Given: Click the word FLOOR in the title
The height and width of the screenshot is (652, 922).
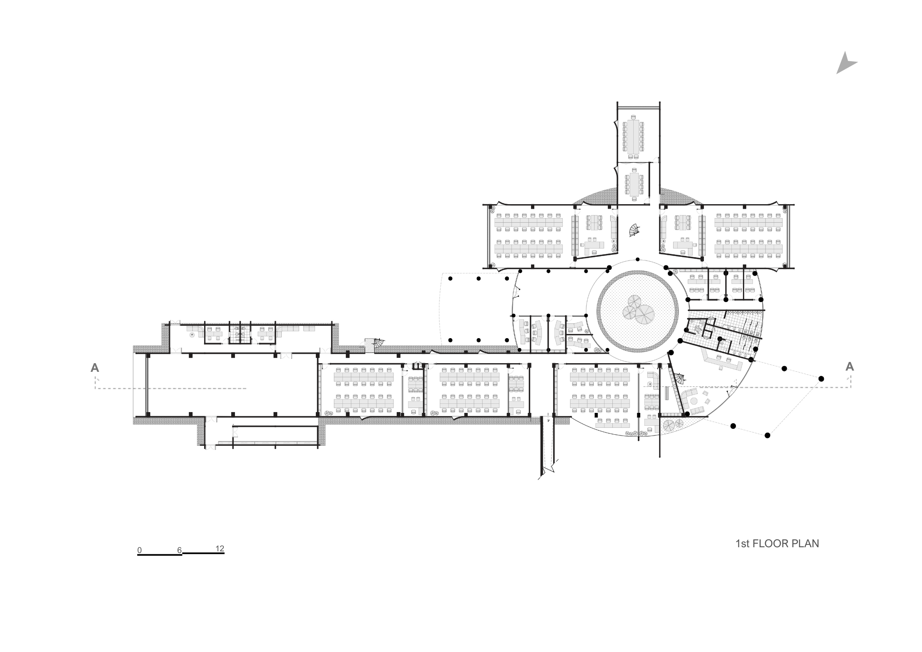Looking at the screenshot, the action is (x=771, y=544).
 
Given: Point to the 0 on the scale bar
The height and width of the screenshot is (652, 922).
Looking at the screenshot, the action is (x=140, y=550).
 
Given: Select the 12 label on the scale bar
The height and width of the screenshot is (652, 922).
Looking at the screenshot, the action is (x=220, y=548).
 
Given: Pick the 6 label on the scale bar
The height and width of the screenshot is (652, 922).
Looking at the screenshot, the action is (x=179, y=550).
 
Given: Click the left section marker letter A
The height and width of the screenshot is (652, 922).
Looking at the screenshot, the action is (x=95, y=368).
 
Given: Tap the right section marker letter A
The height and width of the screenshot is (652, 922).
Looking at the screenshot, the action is (x=850, y=366).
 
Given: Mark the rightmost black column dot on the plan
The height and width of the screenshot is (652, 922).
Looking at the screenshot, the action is (x=821, y=379).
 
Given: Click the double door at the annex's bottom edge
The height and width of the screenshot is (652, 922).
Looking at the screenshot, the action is (x=210, y=447).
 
